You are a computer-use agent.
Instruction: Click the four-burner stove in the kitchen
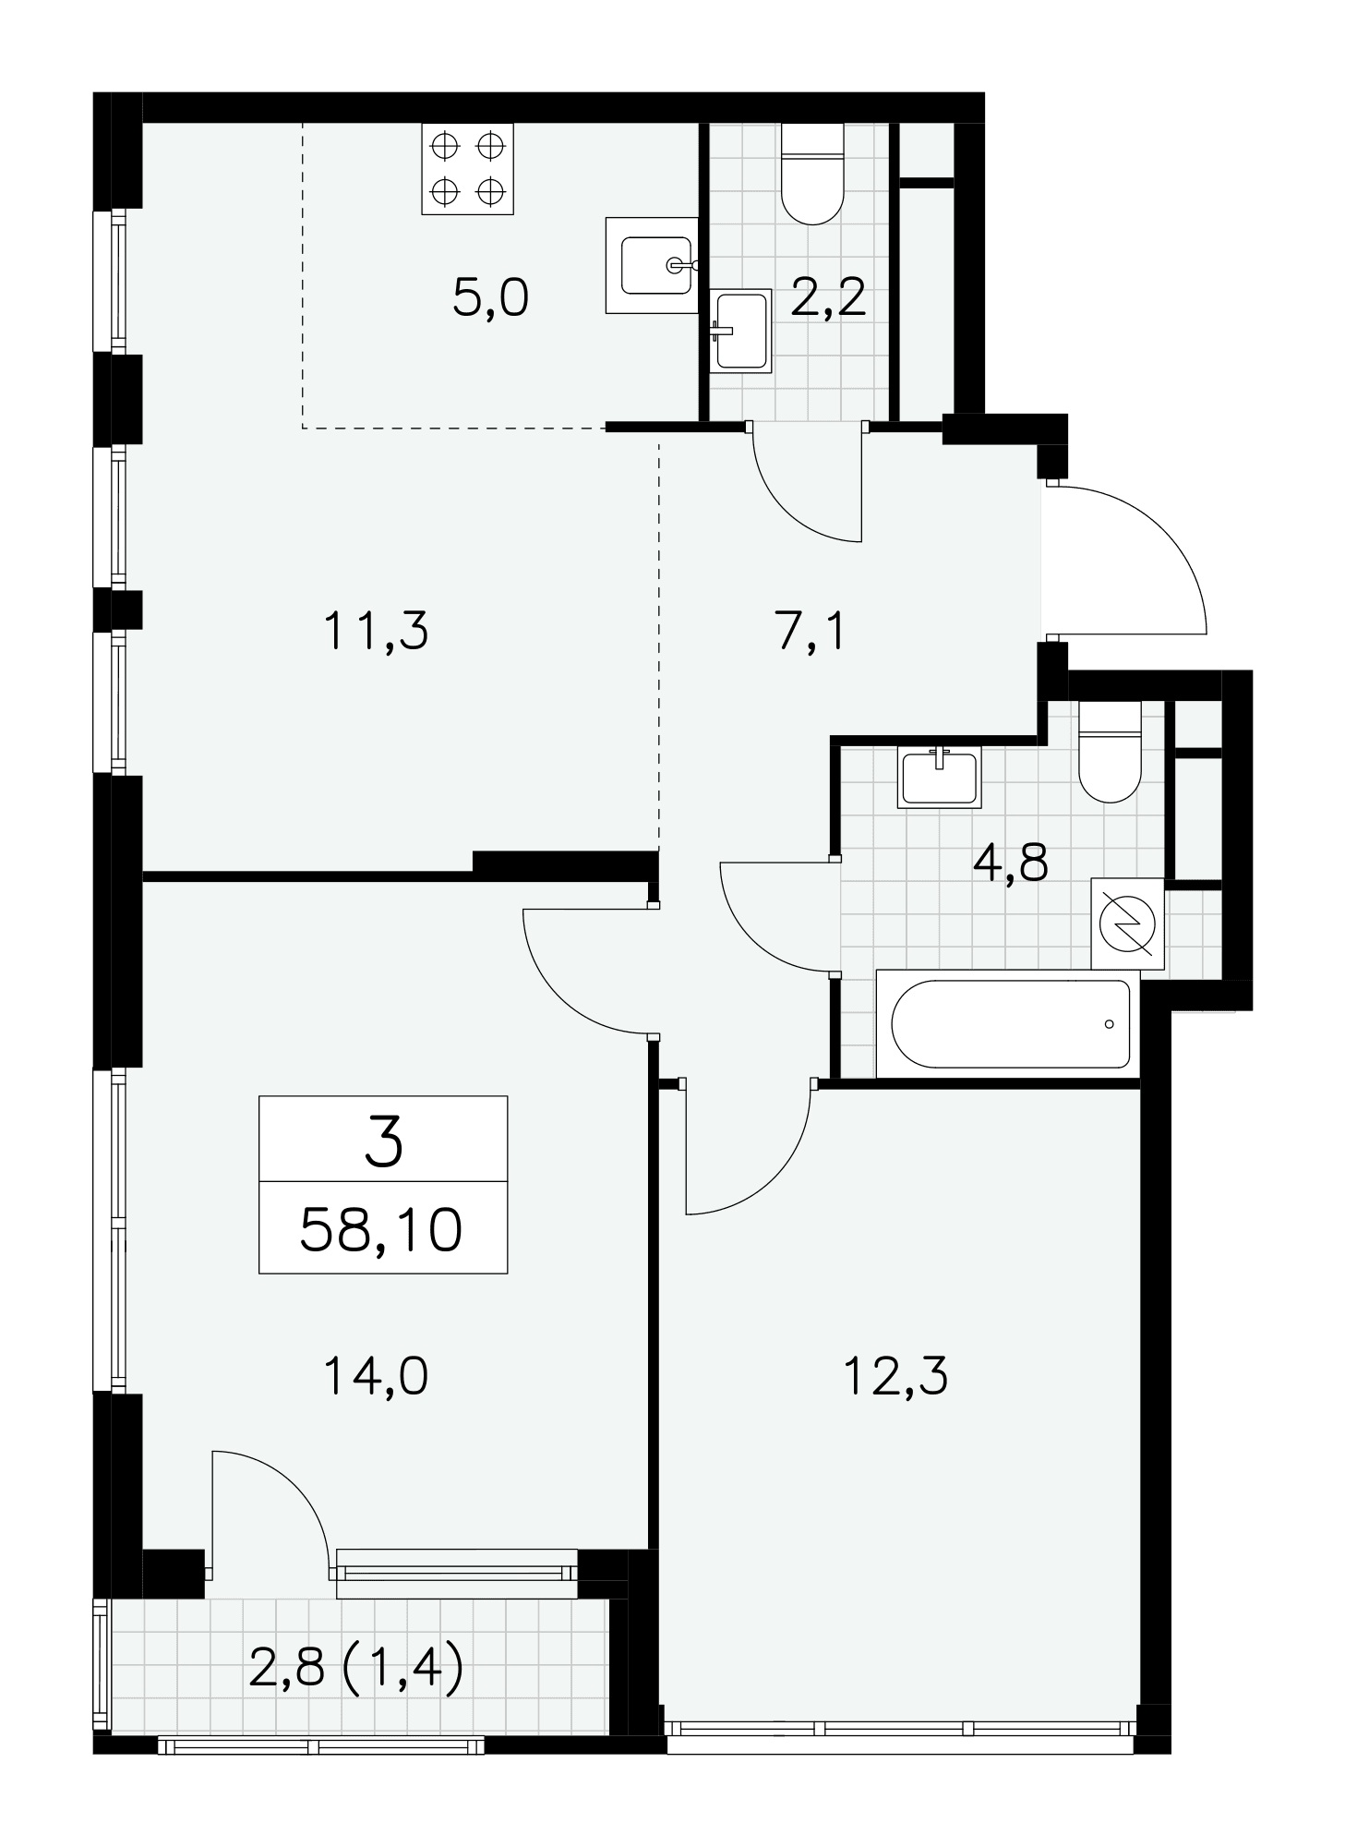(x=467, y=168)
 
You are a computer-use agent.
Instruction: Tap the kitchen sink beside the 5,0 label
(x=652, y=265)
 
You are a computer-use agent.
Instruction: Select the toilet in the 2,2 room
(x=812, y=174)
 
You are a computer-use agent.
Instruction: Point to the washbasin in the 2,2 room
(x=740, y=331)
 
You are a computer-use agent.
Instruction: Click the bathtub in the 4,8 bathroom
(x=1008, y=1022)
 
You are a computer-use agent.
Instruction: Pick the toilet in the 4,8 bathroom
(x=1110, y=751)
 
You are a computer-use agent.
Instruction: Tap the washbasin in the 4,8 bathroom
(x=939, y=777)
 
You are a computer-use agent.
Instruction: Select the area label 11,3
(x=376, y=633)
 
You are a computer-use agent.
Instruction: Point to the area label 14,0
(x=376, y=1377)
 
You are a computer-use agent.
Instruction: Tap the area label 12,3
(x=895, y=1377)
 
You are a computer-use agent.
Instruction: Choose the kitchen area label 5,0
(x=490, y=298)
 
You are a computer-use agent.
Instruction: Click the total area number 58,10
(x=381, y=1230)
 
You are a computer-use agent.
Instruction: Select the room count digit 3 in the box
(x=384, y=1141)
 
